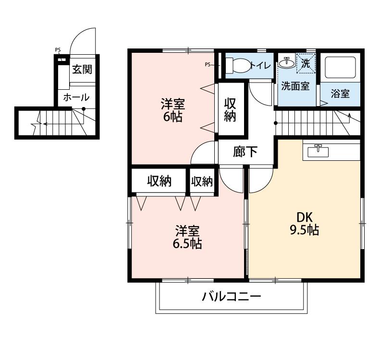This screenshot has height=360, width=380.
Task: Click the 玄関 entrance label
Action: [82, 69]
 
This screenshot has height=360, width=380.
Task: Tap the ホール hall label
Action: [76, 97]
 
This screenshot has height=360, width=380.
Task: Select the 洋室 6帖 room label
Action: [172, 110]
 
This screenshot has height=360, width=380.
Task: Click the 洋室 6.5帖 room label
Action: [187, 237]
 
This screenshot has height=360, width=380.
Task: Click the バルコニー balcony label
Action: [231, 296]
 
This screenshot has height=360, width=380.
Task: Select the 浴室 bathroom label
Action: [340, 94]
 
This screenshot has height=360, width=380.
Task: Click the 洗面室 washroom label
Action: [294, 86]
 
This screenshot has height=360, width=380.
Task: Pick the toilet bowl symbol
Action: [237, 65]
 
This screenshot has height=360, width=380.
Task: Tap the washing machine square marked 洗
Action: [306, 63]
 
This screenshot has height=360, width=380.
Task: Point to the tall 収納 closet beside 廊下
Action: [230, 109]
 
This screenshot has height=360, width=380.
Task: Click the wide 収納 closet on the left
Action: [159, 181]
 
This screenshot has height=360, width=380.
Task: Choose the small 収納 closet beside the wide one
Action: [202, 181]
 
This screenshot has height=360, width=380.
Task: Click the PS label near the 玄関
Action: [58, 50]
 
